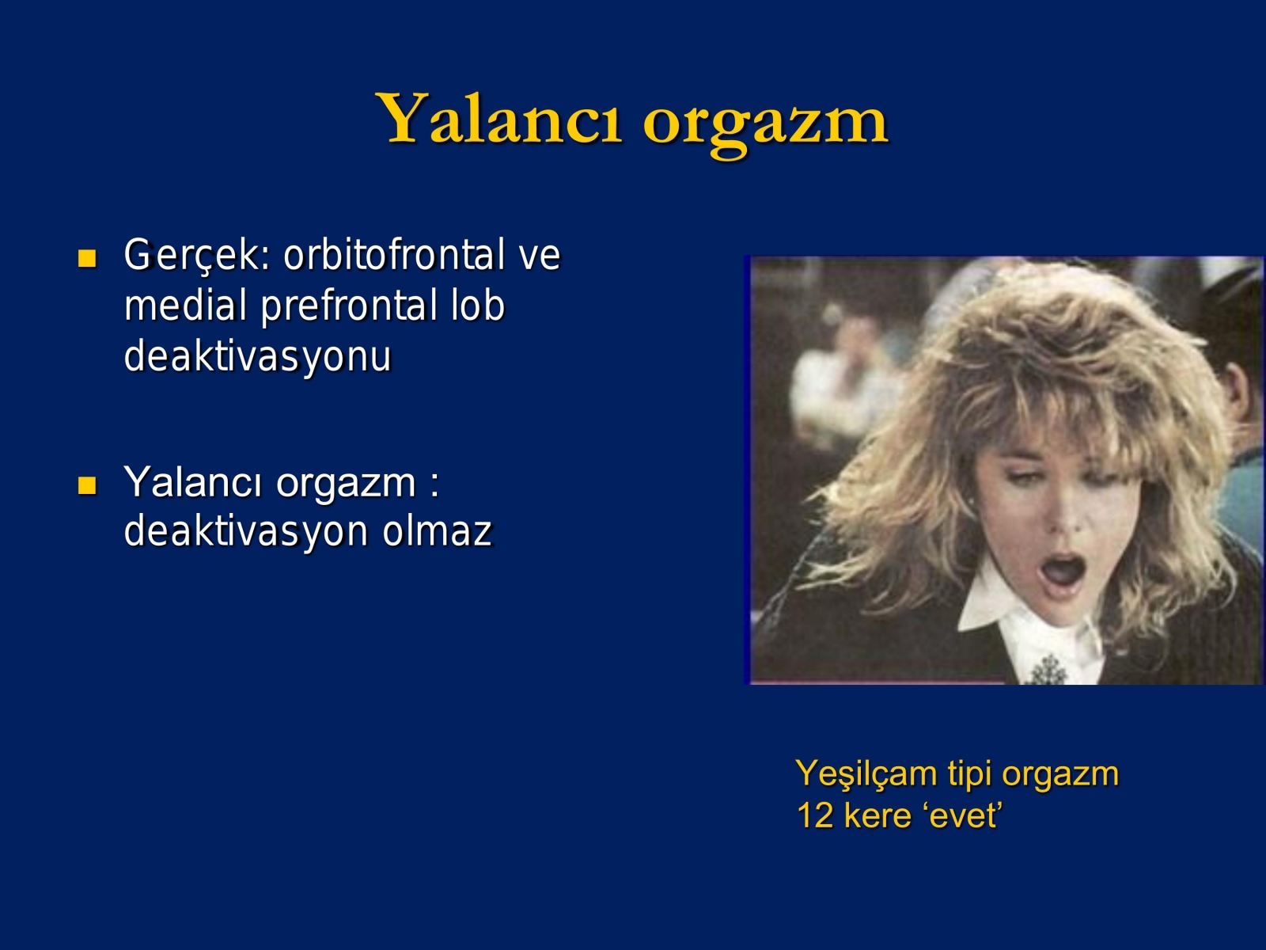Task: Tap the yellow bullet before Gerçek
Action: pyautogui.click(x=87, y=258)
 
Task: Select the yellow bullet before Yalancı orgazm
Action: pyautogui.click(x=87, y=485)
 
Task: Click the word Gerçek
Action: pyautogui.click(x=197, y=256)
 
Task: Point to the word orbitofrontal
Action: pyautogui.click(x=395, y=254)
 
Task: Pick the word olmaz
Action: pyautogui.click(x=438, y=530)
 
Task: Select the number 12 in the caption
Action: pyautogui.click(x=814, y=815)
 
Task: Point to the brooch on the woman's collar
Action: pyautogui.click(x=1048, y=669)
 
